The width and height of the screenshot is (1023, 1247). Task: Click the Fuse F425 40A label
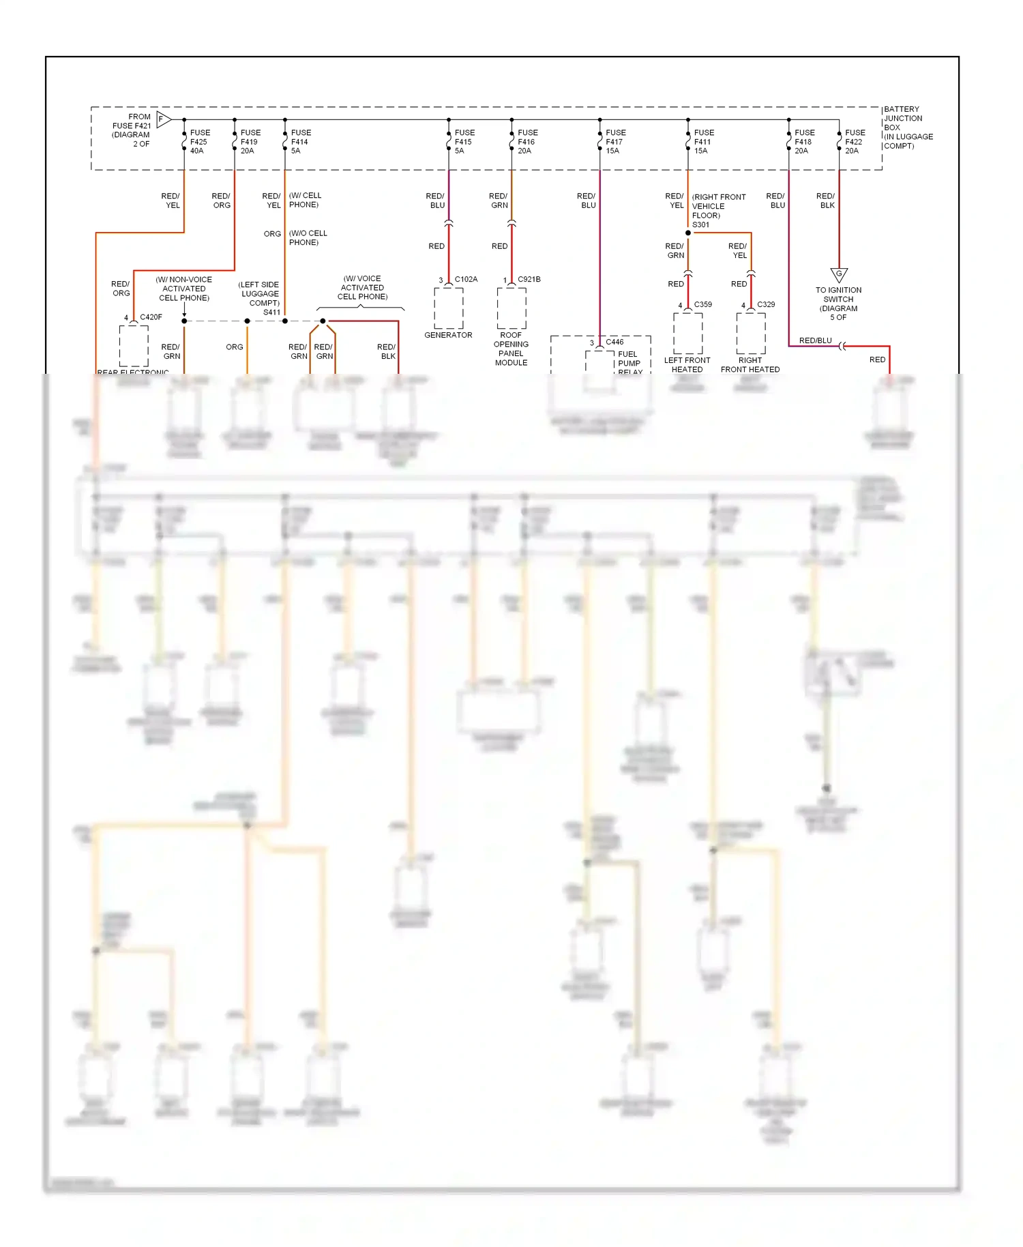tap(200, 142)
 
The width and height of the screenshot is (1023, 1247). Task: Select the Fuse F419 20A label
tap(250, 142)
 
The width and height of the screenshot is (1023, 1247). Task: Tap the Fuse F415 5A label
tap(464, 142)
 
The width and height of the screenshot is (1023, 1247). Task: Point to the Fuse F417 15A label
tap(615, 142)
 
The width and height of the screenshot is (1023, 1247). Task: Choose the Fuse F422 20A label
tap(855, 142)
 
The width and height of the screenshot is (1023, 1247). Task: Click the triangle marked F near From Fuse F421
tap(162, 119)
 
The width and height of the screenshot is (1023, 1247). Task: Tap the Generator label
tap(448, 335)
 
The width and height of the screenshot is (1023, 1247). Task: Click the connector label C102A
tap(466, 279)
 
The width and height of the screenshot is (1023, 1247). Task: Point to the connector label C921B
tap(529, 279)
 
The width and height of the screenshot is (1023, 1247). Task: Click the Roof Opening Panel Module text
tap(511, 349)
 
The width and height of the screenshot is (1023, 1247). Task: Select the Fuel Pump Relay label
tap(629, 362)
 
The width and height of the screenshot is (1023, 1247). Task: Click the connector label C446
tap(614, 342)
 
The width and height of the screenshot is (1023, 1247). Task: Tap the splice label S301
tap(700, 224)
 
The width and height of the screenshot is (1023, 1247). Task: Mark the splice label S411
tap(271, 312)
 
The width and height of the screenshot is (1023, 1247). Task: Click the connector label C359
tap(702, 304)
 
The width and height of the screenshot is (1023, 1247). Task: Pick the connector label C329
tap(766, 304)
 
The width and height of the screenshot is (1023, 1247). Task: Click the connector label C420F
tap(151, 317)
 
